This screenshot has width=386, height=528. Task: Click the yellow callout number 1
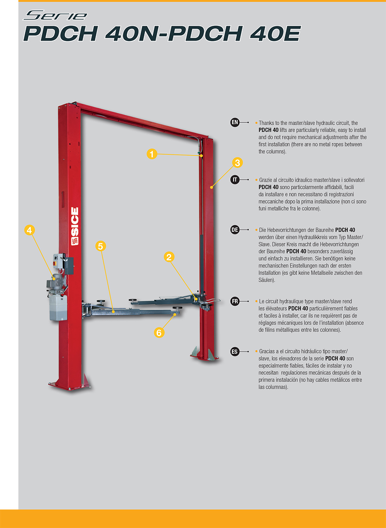pos(152,154)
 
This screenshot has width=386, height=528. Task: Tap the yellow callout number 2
pos(169,257)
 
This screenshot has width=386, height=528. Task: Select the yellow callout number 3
pos(237,163)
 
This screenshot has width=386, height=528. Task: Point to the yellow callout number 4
pos(29,230)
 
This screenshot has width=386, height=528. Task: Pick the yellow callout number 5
pos(101,246)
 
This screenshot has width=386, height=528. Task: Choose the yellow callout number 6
pos(159,333)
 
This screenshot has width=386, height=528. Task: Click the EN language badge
pos(235,122)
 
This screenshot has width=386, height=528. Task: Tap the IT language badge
pos(235,180)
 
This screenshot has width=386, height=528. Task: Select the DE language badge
pos(235,229)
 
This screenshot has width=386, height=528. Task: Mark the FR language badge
pos(235,301)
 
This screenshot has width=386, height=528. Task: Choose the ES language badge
pos(235,352)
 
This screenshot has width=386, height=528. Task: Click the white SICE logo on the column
pos(75,226)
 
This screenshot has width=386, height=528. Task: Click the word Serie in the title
pos(55,15)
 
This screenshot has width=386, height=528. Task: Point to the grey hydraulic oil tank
pos(58,307)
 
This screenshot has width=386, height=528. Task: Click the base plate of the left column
pos(70,385)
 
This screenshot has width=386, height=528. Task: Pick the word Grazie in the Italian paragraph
pos(266,180)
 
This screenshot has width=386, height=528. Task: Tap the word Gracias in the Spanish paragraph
pos(267,351)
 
